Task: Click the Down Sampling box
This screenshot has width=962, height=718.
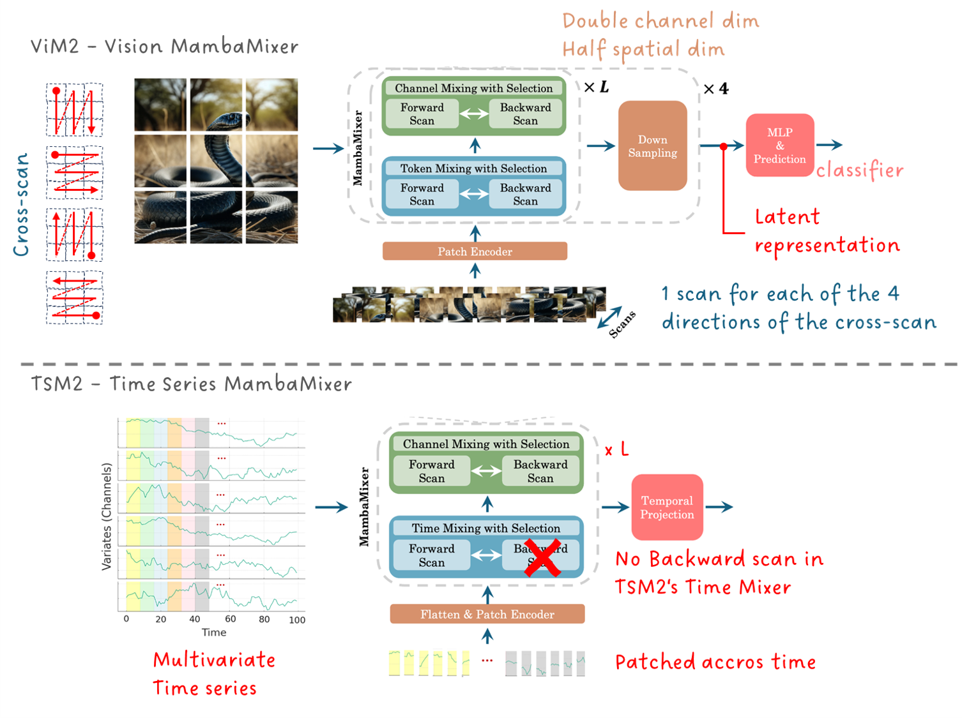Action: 652,146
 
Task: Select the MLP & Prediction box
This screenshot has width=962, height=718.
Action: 779,146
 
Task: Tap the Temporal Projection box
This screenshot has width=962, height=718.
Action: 667,507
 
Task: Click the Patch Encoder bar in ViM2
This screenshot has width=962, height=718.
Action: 475,251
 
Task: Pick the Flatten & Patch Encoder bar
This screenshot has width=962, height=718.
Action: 487,614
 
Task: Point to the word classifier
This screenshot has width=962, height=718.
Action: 860,170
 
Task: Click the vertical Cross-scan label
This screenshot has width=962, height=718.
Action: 21,204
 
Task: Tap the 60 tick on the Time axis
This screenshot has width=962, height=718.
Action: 231,619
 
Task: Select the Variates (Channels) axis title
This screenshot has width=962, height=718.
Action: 107,516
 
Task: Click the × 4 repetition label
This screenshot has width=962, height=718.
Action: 715,89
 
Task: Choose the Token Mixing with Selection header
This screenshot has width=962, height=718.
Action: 473,168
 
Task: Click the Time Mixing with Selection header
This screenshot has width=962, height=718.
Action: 485,528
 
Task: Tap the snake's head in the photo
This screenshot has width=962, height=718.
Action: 225,119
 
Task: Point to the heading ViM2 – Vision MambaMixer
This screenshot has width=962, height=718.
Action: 164,47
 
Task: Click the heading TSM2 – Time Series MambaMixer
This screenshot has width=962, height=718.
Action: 191,384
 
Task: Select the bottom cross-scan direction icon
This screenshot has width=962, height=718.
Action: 75,298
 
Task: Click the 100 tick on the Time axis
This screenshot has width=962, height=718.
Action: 297,620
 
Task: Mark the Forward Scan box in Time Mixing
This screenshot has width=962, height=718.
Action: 432,555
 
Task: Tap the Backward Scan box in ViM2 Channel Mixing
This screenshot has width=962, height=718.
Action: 525,114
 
